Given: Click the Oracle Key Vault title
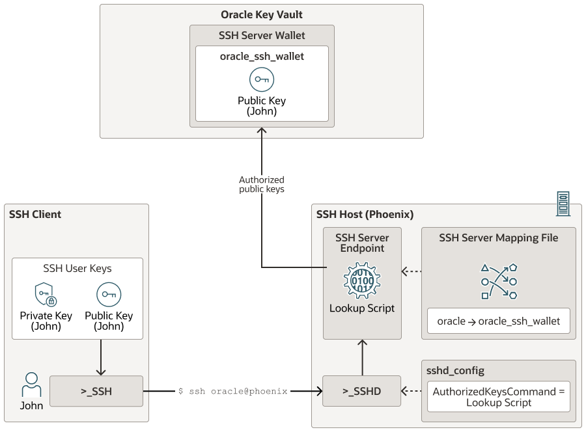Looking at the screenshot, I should click(x=261, y=15).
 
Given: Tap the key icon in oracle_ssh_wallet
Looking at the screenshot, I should click(x=262, y=79).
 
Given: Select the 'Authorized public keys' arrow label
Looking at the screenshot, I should click(x=262, y=184).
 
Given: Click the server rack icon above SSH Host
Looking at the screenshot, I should click(x=563, y=203).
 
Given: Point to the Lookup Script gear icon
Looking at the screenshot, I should click(x=362, y=282).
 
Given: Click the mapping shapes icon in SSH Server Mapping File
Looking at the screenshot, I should click(x=499, y=281).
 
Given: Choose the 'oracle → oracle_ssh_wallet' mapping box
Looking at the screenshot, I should click(x=498, y=321).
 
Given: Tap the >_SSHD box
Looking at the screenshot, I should click(x=362, y=391).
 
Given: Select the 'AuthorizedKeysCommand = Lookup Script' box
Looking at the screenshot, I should click(x=499, y=396).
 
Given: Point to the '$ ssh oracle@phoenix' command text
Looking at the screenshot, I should click(x=232, y=391).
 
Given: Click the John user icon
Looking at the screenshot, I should click(x=31, y=385).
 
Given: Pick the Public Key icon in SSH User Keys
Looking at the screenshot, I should click(x=109, y=295).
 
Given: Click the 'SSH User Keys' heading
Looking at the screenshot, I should click(x=77, y=268).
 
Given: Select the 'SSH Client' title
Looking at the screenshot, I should click(x=35, y=214).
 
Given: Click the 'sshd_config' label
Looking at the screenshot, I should click(x=455, y=371).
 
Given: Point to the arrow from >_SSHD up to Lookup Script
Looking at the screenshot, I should click(x=362, y=357).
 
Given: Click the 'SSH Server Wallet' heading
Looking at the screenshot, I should click(x=262, y=35).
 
